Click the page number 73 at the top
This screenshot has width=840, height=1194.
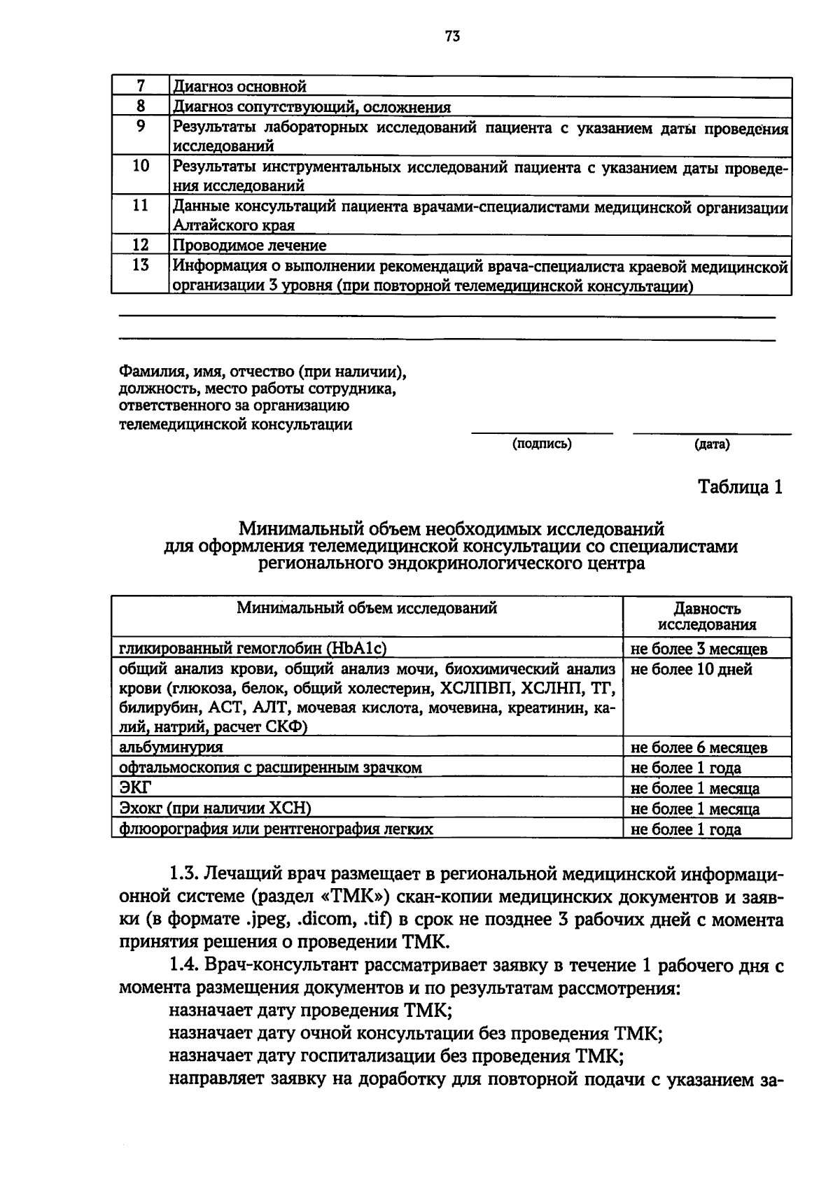(x=451, y=37)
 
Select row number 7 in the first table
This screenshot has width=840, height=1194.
(x=140, y=86)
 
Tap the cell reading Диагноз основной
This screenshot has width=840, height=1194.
(x=240, y=87)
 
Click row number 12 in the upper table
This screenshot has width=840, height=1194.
(x=140, y=245)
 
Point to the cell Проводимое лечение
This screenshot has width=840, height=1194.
(x=250, y=246)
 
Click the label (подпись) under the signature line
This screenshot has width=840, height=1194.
(x=542, y=444)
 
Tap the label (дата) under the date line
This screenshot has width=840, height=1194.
(x=712, y=444)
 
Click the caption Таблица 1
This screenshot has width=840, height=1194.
(x=740, y=487)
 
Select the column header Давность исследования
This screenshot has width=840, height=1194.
(x=707, y=617)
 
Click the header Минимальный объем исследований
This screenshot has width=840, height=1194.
(x=367, y=607)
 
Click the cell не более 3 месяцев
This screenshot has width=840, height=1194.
(x=699, y=649)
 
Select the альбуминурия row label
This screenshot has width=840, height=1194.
(x=171, y=747)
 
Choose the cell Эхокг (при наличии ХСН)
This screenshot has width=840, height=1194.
(x=215, y=808)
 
